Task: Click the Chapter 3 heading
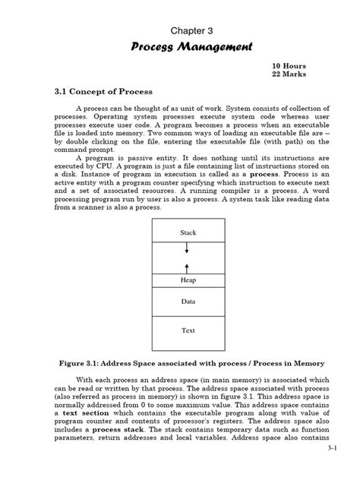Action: [180, 30]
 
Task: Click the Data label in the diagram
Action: [187, 301]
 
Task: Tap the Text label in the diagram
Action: [187, 330]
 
